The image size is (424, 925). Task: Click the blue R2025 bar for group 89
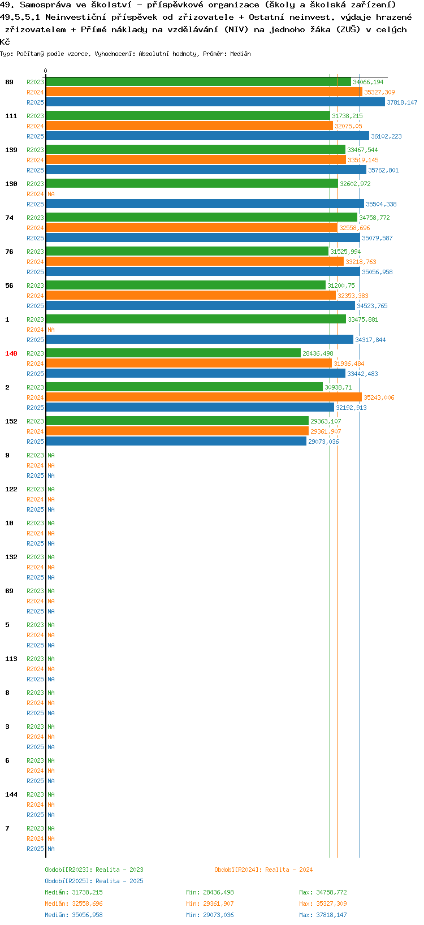point(215,102)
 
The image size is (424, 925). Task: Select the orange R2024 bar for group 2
point(204,397)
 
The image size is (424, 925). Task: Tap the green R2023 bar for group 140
point(173,353)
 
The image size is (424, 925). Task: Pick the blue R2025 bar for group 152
point(176,442)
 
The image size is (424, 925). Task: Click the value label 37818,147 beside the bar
point(402,102)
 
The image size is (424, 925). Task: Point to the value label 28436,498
point(318,353)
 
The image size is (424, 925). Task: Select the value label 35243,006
point(379,397)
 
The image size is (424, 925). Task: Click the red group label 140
point(11,353)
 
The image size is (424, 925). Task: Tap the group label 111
point(11,116)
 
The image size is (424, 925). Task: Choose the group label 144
point(11,794)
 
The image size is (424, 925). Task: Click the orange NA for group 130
point(51,194)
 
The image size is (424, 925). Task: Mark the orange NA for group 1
point(51,330)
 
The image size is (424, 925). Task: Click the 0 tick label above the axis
point(45,71)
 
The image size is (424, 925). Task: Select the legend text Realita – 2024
point(289,870)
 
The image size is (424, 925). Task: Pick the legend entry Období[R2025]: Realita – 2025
point(94,881)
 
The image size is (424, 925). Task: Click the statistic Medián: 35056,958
point(74,915)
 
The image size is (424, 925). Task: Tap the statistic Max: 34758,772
point(323,892)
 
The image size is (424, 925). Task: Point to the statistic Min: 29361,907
point(210,904)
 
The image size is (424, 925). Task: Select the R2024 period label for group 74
point(35,228)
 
